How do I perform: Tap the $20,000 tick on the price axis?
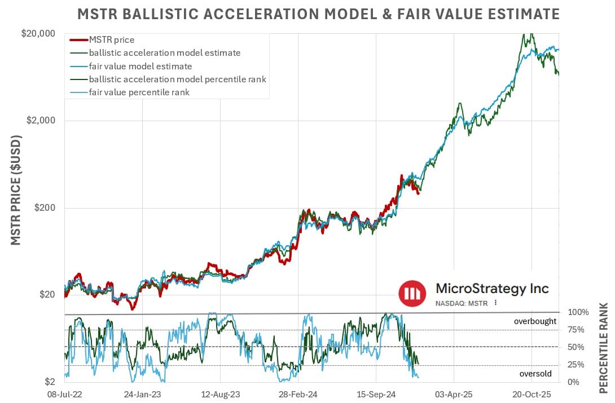(38, 34)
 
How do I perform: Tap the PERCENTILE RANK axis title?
(603, 348)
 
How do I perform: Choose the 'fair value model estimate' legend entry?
(140, 66)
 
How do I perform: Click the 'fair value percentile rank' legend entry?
(139, 92)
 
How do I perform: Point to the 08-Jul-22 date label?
(65, 394)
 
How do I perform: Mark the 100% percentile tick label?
(578, 312)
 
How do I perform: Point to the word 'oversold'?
(535, 373)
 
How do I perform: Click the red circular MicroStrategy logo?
(412, 293)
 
